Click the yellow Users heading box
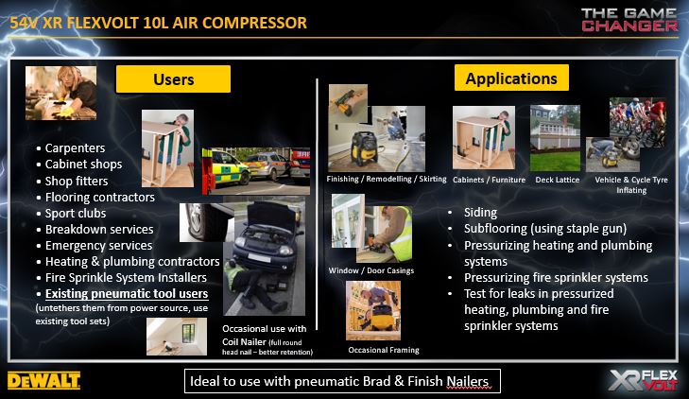[x=173, y=79]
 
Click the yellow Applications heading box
[x=511, y=78]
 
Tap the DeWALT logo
[x=43, y=380]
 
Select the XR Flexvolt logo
[x=644, y=380]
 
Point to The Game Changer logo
[x=629, y=20]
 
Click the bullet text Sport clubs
[x=76, y=214]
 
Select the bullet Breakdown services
[x=99, y=230]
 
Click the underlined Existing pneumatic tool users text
[x=127, y=293]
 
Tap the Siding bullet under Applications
[x=481, y=213]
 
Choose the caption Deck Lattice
[x=558, y=180]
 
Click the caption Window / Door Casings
[x=371, y=270]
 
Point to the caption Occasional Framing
[x=384, y=350]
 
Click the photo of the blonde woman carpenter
[x=61, y=94]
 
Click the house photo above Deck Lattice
[x=555, y=138]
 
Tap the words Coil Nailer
[x=244, y=342]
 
